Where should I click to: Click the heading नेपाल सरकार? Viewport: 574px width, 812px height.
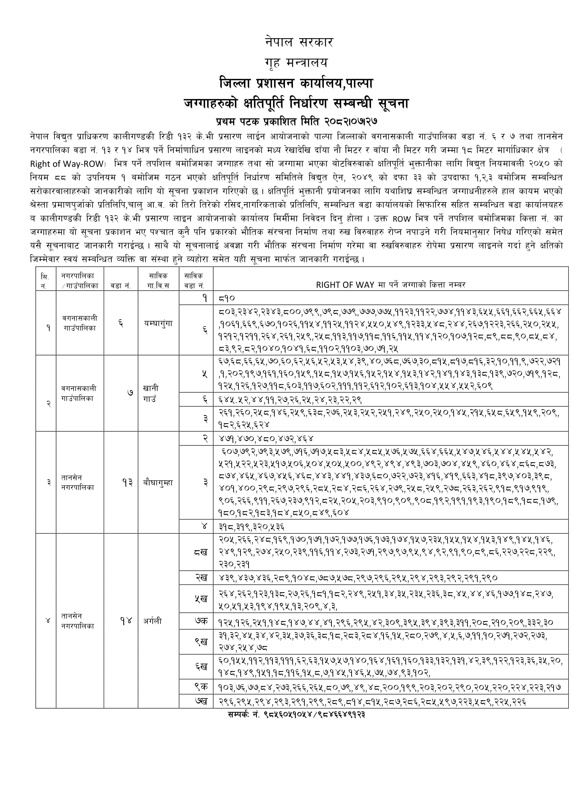click(299, 42)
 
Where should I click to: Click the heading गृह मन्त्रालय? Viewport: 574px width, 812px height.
click(296, 63)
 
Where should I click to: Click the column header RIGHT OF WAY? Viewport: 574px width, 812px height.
click(390, 285)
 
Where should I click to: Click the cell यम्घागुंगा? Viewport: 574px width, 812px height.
click(158, 323)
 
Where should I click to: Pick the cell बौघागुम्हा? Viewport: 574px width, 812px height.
click(158, 482)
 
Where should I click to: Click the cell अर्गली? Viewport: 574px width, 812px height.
click(153, 621)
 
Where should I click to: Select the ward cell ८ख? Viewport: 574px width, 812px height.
click(200, 552)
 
